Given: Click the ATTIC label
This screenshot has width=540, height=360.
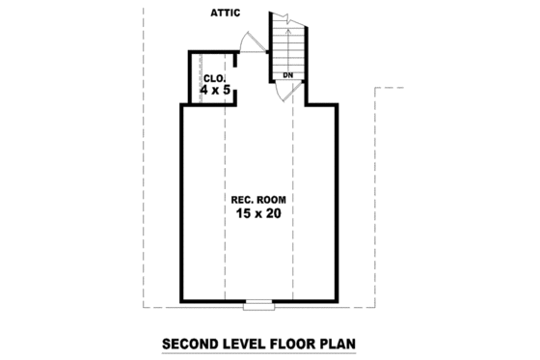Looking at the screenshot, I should [x=226, y=13].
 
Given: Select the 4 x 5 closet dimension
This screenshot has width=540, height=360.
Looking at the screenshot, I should [x=216, y=90].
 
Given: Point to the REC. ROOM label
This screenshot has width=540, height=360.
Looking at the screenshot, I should [x=257, y=200].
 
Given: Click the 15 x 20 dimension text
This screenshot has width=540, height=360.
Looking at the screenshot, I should [x=257, y=213].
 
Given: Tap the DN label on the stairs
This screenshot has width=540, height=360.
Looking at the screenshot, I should [x=287, y=74].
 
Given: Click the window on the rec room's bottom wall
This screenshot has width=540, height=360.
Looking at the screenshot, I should [x=258, y=306].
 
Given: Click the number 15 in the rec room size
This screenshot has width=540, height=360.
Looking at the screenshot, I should [x=242, y=213].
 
